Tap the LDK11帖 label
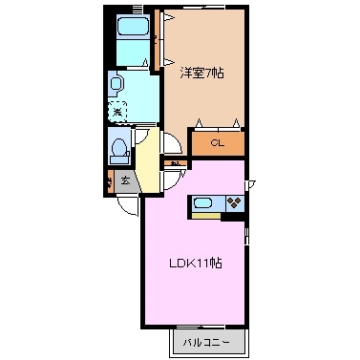click(197, 264)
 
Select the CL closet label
click(217, 143)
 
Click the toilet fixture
click(119, 148)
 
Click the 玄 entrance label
click(124, 180)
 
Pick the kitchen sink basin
click(203, 202)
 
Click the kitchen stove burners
click(232, 202)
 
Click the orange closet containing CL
click(217, 143)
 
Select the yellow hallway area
click(150, 167)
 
